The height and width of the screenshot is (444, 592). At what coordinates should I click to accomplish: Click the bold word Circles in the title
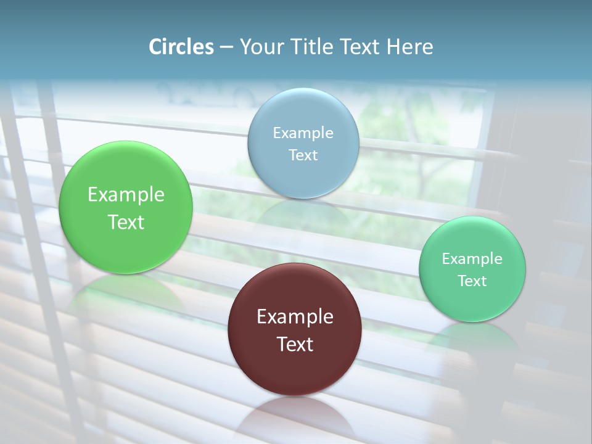pos(181,47)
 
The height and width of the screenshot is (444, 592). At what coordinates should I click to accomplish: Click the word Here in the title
pos(409,47)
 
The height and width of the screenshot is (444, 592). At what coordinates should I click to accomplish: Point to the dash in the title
pos(226,47)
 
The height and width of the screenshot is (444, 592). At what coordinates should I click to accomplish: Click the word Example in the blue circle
pos(303,133)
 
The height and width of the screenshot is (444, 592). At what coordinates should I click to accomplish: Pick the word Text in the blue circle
pos(303,155)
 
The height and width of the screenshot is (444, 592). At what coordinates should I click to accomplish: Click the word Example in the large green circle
pos(126,194)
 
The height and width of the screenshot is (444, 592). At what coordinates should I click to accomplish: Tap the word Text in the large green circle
pos(126,222)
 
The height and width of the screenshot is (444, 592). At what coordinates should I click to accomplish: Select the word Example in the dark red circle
pos(295,316)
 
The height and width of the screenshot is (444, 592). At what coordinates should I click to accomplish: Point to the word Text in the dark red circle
pos(295,344)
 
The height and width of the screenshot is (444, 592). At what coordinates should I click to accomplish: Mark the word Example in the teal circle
pos(472,258)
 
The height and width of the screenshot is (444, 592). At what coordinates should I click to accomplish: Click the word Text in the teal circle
pos(472,281)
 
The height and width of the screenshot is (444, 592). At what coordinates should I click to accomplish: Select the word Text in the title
pos(360,47)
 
